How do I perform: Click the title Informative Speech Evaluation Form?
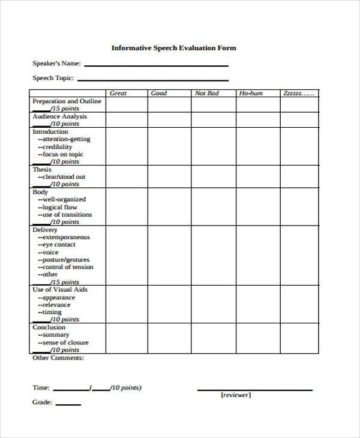[173, 47]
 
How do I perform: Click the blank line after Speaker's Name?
[157, 65]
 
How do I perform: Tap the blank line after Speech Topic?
[153, 79]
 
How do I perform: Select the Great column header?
[118, 93]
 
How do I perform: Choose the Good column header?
[158, 93]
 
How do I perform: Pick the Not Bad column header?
[207, 93]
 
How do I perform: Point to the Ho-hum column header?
[251, 93]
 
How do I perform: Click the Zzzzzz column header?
[298, 93]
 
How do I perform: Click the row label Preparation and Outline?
[67, 101]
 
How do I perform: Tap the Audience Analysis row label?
[59, 116]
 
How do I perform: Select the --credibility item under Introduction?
[55, 146]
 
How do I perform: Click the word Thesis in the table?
[42, 169]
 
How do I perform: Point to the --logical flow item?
[58, 207]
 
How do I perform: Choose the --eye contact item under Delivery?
[56, 245]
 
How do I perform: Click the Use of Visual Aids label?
[59, 290]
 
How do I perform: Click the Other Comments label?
[58, 358]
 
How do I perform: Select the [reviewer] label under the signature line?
[236, 395]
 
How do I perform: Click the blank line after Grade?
[68, 404]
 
